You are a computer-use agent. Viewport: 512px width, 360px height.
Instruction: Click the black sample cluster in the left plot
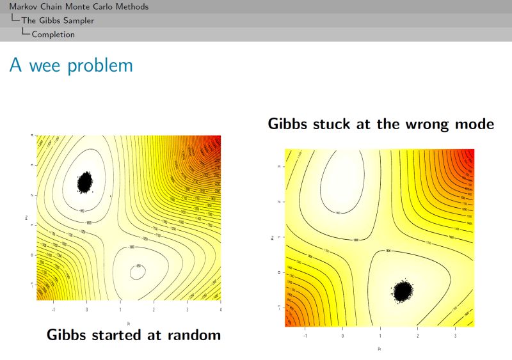[x=85, y=182]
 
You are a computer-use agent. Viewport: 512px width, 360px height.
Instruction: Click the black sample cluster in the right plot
[x=402, y=291]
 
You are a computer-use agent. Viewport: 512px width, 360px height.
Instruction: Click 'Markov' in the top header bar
[x=23, y=7]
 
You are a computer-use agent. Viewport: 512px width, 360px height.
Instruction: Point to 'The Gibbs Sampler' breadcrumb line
[x=58, y=20]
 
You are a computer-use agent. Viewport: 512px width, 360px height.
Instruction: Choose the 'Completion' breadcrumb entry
[x=53, y=35]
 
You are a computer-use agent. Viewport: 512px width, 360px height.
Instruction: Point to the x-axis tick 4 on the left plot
[x=220, y=309]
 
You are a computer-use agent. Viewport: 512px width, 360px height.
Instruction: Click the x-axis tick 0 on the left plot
[x=87, y=309]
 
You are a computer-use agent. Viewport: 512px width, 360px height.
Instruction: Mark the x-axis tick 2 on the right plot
[x=418, y=335]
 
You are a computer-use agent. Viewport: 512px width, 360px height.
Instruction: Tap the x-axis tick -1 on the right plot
[x=305, y=335]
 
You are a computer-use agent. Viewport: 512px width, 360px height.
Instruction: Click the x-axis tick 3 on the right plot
[x=455, y=335]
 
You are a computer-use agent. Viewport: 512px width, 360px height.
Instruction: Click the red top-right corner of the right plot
[x=470, y=153]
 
